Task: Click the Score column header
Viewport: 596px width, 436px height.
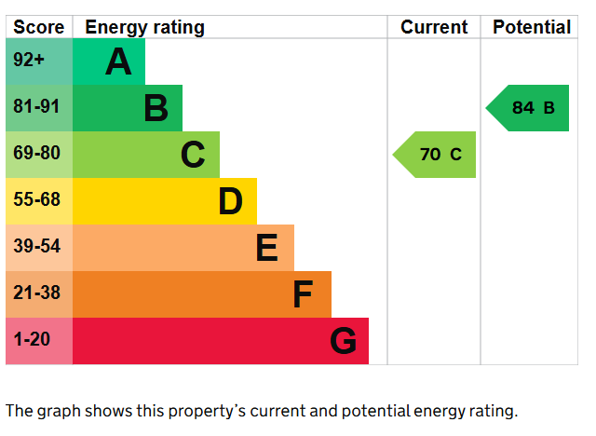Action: [39, 27]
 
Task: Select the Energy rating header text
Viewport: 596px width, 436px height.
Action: [145, 28]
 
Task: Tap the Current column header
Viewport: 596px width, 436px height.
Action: [434, 27]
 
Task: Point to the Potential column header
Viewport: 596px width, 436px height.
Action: [532, 27]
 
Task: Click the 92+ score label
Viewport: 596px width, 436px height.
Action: [29, 60]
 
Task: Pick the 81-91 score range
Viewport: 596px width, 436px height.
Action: [36, 106]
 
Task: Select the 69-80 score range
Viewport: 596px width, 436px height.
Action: [37, 153]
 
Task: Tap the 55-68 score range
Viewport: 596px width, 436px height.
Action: [37, 199]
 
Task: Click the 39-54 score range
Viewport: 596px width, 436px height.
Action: [37, 246]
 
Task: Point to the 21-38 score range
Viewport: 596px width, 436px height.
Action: [37, 293]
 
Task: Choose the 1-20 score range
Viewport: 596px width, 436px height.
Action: [32, 339]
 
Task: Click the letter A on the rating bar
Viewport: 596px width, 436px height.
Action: [118, 61]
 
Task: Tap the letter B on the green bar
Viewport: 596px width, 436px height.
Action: [156, 108]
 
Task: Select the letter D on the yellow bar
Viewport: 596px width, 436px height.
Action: [230, 201]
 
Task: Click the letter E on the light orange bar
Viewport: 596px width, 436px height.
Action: [267, 248]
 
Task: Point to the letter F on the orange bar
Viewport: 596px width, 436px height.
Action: [303, 294]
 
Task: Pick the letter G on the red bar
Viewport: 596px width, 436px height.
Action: [344, 341]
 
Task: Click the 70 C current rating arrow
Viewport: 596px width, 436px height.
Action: [434, 155]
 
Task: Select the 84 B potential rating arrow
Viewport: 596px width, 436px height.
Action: [527, 108]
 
